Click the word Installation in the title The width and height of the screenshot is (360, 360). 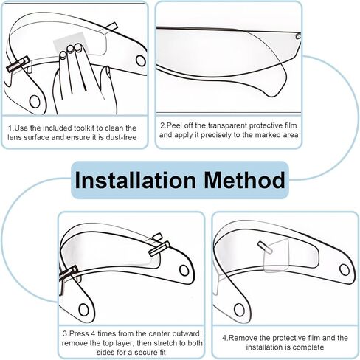pos(135,180)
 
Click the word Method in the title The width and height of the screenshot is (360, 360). pos(244,180)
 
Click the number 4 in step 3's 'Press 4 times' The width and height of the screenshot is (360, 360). pos(93,333)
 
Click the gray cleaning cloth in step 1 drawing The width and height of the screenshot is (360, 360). pos(71,42)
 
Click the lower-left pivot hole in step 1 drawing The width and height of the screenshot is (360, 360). pos(35,101)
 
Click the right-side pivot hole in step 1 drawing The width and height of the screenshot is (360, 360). pos(141,60)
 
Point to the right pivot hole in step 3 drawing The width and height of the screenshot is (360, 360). pos(184,271)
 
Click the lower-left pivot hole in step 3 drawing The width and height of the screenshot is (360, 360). pos(83,310)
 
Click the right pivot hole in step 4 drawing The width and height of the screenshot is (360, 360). pos(345,270)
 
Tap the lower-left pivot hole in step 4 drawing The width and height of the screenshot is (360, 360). pos(240,310)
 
